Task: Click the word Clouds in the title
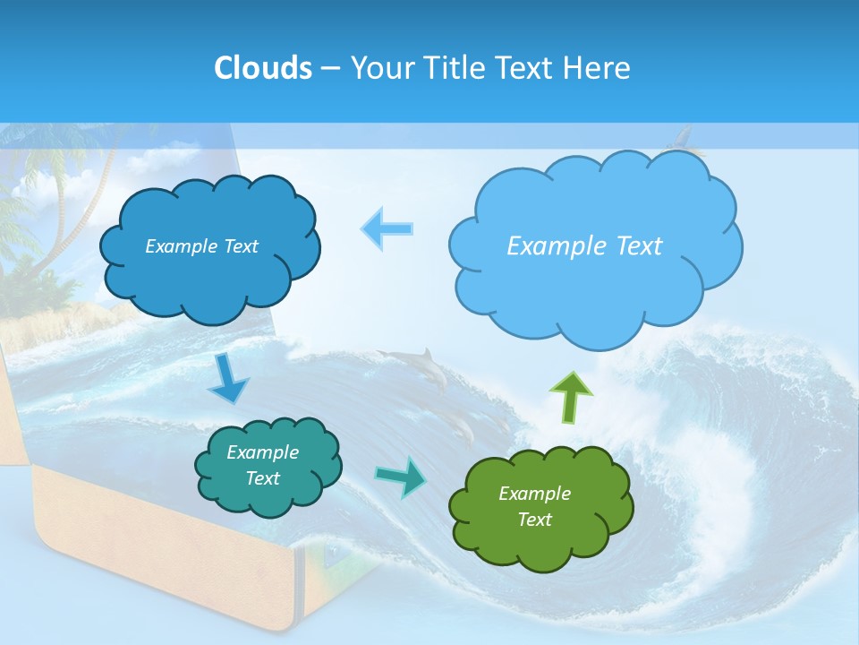click(263, 68)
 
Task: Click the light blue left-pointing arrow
click(387, 228)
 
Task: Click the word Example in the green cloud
click(534, 494)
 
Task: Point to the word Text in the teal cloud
click(262, 478)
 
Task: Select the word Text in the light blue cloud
click(631, 246)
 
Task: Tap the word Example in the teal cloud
click(262, 452)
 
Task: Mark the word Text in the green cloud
click(534, 520)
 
